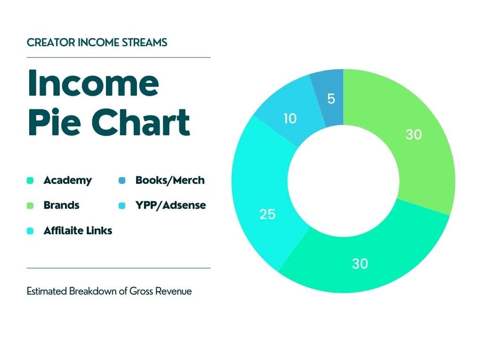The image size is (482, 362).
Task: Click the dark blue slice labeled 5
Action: (330, 99)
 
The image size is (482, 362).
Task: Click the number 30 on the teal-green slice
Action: (360, 264)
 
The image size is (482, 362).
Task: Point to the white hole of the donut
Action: (343, 181)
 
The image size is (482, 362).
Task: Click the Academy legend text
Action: (68, 181)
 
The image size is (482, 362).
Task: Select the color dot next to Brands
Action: (30, 206)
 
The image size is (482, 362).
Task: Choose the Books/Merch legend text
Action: (170, 181)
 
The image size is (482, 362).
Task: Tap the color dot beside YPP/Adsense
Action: (122, 206)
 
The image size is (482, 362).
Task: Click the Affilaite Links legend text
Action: (78, 230)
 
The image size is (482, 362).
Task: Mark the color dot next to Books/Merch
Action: (122, 181)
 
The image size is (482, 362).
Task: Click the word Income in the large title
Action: (94, 83)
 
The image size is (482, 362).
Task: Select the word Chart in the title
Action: (141, 122)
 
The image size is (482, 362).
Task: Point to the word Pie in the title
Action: (55, 122)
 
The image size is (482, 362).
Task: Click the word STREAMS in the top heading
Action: (145, 42)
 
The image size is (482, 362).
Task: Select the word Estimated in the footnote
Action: (47, 291)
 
